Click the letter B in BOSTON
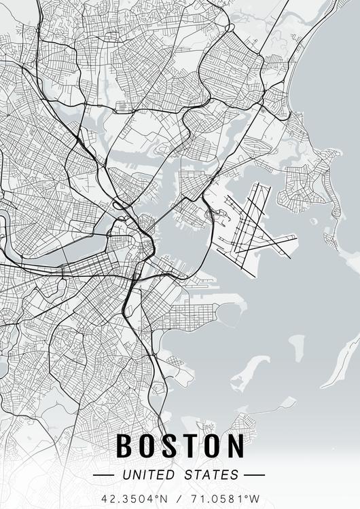[124, 446]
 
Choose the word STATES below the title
[211, 474]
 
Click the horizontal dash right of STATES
[253, 474]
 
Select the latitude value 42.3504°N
[133, 498]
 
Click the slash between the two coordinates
[180, 498]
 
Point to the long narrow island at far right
[341, 364]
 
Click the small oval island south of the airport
[297, 346]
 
